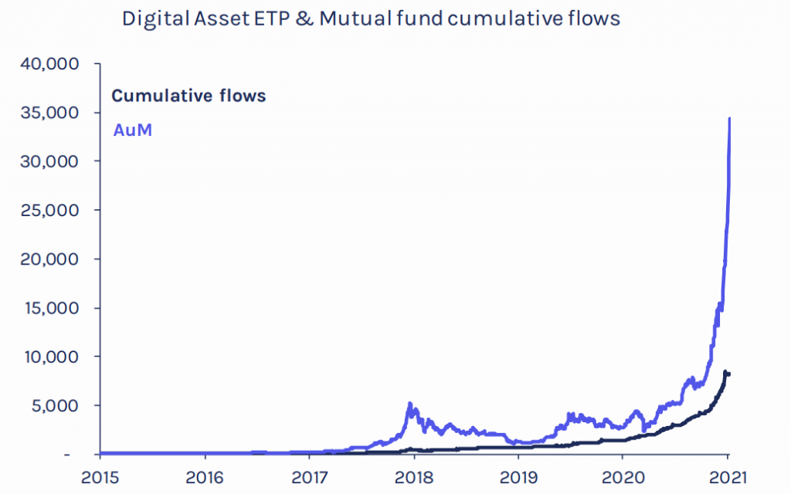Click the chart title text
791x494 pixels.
[x=371, y=19]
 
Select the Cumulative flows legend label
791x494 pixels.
[x=188, y=96]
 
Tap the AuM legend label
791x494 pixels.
[x=132, y=130]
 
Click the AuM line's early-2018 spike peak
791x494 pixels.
[x=409, y=403]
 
